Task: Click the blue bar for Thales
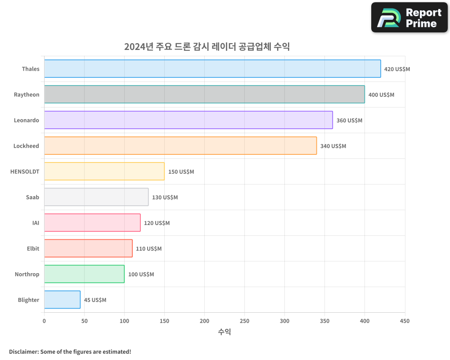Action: point(212,69)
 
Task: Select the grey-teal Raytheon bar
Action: point(204,94)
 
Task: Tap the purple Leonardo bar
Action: point(188,120)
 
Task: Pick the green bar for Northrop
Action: point(84,274)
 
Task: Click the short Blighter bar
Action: point(62,300)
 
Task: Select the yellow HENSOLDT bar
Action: point(104,171)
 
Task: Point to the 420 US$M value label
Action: point(397,69)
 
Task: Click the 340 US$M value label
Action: point(333,146)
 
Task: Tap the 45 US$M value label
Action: point(95,300)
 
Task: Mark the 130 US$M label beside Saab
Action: point(165,198)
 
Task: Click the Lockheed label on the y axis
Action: point(26,146)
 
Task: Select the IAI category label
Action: point(36,223)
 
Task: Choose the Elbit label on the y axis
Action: point(33,248)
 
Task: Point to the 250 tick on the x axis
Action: point(244,321)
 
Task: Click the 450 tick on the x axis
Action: point(405,321)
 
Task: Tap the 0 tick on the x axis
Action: point(44,321)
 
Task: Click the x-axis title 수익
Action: point(224,332)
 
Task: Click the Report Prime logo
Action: point(409,18)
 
